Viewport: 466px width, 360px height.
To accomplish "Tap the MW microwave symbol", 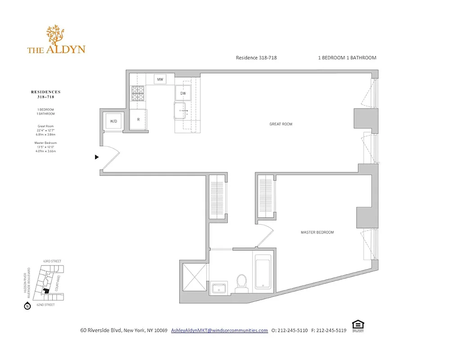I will pyautogui.click(x=159, y=80).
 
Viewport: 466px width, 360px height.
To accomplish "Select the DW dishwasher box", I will pyautogui.click(x=183, y=93).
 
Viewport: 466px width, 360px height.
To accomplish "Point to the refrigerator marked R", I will pyautogui.click(x=138, y=119).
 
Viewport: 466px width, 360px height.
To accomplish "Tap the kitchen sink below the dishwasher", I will pyautogui.click(x=182, y=109).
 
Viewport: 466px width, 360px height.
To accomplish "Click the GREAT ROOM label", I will pyautogui.click(x=281, y=124).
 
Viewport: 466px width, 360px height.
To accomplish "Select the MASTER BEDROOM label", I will pyautogui.click(x=317, y=232).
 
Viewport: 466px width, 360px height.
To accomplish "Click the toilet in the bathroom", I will pyautogui.click(x=242, y=283).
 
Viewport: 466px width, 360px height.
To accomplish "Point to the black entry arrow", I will pyautogui.click(x=96, y=157).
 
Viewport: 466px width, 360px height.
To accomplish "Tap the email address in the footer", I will pyautogui.click(x=219, y=330).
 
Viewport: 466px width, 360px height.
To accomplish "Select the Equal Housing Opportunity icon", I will pyautogui.click(x=357, y=325).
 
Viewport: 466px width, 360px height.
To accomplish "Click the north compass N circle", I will pyautogui.click(x=27, y=306).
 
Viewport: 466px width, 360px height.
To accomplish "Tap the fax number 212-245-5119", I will pyautogui.click(x=331, y=330).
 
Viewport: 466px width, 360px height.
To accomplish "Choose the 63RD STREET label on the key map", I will pyautogui.click(x=53, y=261).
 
